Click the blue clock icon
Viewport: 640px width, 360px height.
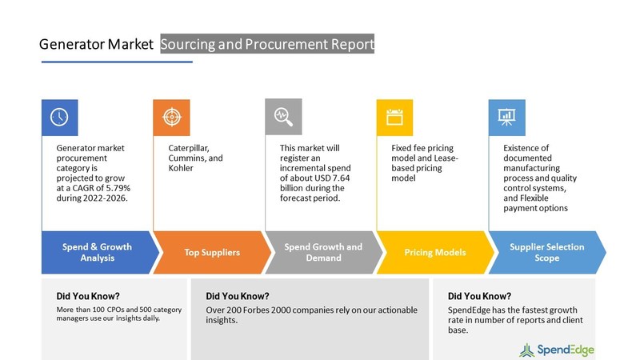click(x=59, y=117)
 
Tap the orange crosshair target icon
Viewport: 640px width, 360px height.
click(x=172, y=117)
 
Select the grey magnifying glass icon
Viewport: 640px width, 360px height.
click(x=283, y=117)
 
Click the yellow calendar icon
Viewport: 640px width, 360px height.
click(x=394, y=117)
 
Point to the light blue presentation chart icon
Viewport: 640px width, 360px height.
click(x=506, y=117)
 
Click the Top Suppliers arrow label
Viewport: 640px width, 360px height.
click(x=212, y=252)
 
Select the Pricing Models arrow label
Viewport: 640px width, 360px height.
click(x=435, y=252)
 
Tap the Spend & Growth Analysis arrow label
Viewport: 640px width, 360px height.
click(x=97, y=252)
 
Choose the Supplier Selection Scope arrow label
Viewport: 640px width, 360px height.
click(x=547, y=252)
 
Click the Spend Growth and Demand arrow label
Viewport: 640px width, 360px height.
click(x=323, y=252)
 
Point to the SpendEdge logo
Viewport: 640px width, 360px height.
click(x=557, y=350)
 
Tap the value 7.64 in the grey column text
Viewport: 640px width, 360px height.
click(x=342, y=178)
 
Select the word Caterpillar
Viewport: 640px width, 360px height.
click(x=189, y=148)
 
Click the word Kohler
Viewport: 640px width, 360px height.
click(x=181, y=168)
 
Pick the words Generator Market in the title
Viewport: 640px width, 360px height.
click(x=96, y=44)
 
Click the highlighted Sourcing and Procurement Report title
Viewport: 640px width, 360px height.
click(x=267, y=44)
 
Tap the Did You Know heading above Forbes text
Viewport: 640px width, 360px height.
click(x=238, y=296)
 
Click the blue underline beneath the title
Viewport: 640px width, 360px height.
click(x=117, y=62)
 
